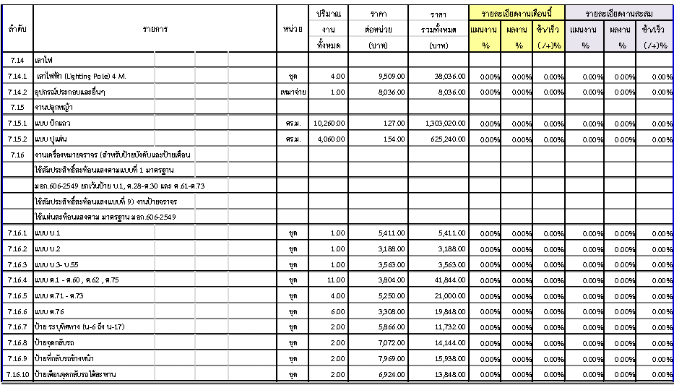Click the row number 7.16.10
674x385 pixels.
pyautogui.click(x=17, y=374)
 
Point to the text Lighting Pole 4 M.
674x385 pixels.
pyautogui.click(x=80, y=76)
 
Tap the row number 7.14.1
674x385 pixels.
pyautogui.click(x=17, y=76)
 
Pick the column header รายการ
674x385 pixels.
pyautogui.click(x=155, y=30)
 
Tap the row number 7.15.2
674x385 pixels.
pyautogui.click(x=17, y=139)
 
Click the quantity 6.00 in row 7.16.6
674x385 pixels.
pyautogui.click(x=339, y=311)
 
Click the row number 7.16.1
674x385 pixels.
pyautogui.click(x=17, y=233)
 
